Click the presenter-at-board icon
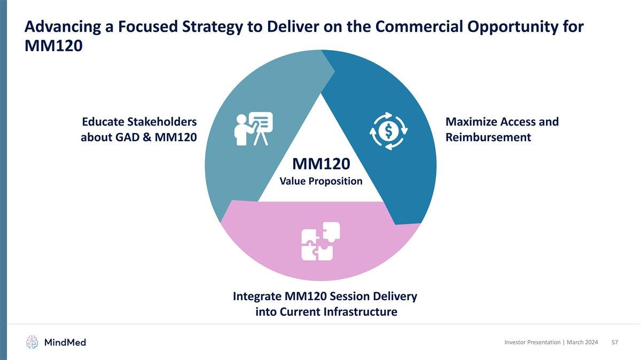[x=254, y=129]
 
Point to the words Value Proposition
[x=321, y=181]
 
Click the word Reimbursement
[x=488, y=137]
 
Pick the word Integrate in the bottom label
[x=257, y=296]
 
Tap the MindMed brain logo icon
[x=33, y=342]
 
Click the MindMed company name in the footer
[x=65, y=342]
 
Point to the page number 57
[x=614, y=342]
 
